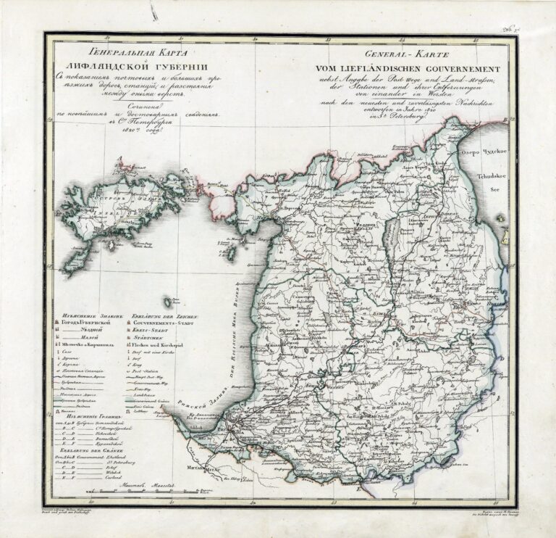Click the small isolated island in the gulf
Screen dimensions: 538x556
coord(169,301)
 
